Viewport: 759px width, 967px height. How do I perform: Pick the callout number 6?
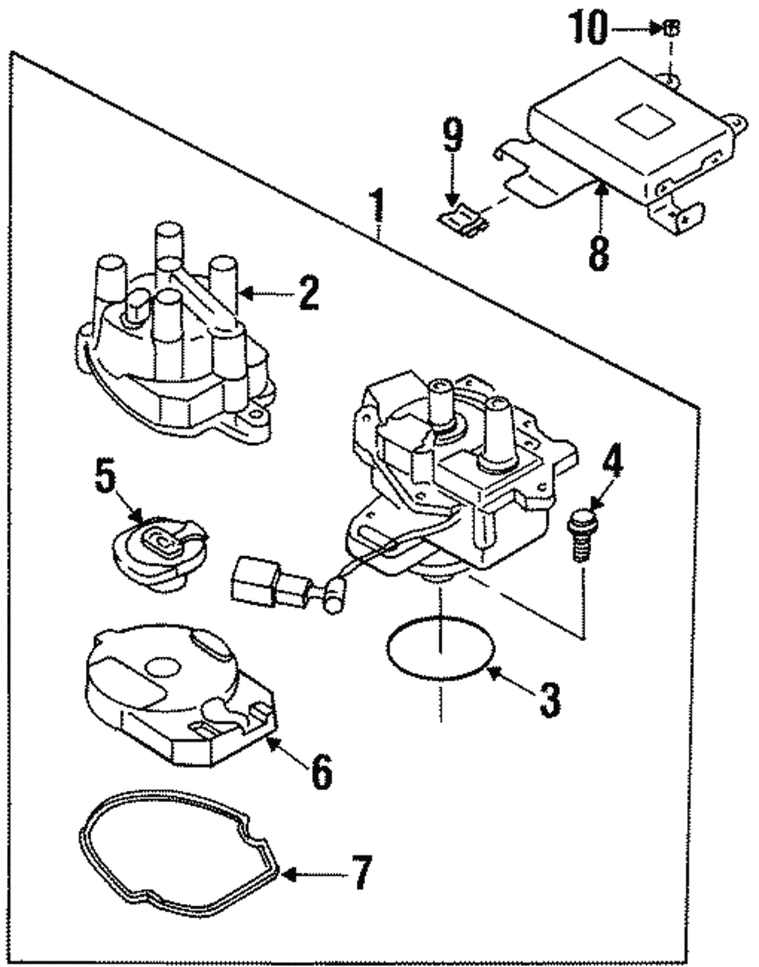pos(320,770)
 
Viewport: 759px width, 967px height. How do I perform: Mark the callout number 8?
pos(599,249)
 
